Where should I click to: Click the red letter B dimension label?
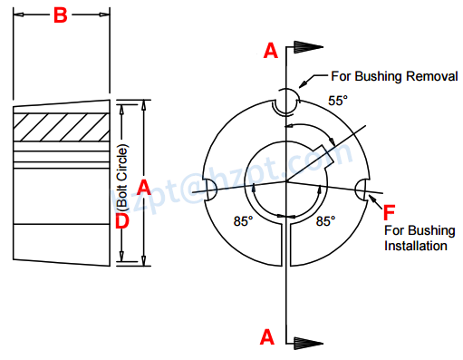coord(60,15)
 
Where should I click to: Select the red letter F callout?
coord(390,212)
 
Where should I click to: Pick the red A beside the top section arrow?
coord(270,52)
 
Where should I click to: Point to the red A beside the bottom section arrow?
coord(267,336)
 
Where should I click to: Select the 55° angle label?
coord(337,102)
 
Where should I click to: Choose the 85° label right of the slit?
coord(324,220)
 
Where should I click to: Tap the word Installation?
coord(417,246)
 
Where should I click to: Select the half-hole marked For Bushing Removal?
coord(286,100)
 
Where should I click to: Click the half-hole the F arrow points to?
coord(364,190)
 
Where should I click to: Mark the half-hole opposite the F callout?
coord(208,189)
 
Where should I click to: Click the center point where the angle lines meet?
coord(286,182)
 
